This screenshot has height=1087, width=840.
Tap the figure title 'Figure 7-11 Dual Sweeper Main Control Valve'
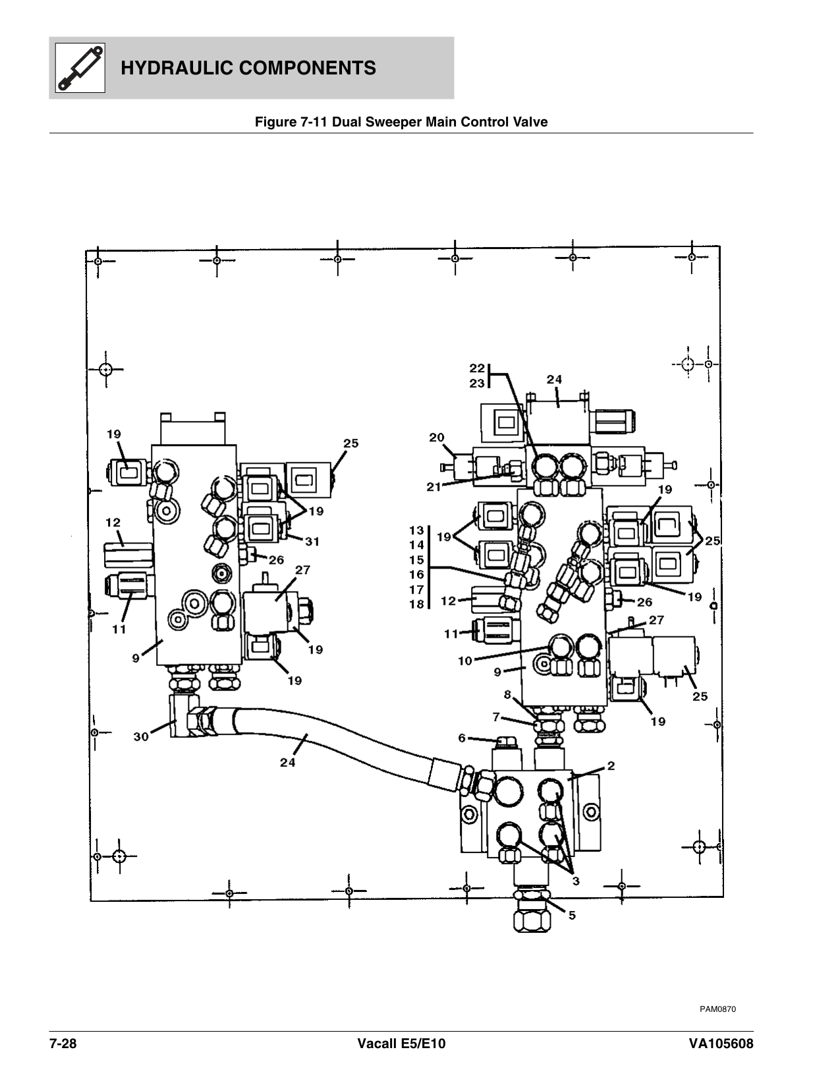tap(401, 122)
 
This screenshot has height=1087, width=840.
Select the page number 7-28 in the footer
tap(63, 1044)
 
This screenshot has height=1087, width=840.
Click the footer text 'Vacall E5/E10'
tap(401, 1044)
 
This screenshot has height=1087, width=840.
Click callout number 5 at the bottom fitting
tap(572, 915)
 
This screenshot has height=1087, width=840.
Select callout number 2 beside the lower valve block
tap(611, 766)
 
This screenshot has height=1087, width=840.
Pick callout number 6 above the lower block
tap(462, 739)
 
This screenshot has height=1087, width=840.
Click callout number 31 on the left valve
tap(312, 542)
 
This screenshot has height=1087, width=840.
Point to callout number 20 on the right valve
tap(436, 437)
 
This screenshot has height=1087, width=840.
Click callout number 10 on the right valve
tap(465, 660)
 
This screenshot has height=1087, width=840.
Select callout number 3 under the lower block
tap(575, 881)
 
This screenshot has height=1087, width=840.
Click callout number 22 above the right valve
tap(477, 368)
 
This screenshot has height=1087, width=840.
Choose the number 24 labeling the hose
tap(287, 762)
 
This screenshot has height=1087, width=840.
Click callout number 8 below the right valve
tap(507, 694)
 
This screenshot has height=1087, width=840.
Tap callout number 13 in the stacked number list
tap(416, 530)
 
